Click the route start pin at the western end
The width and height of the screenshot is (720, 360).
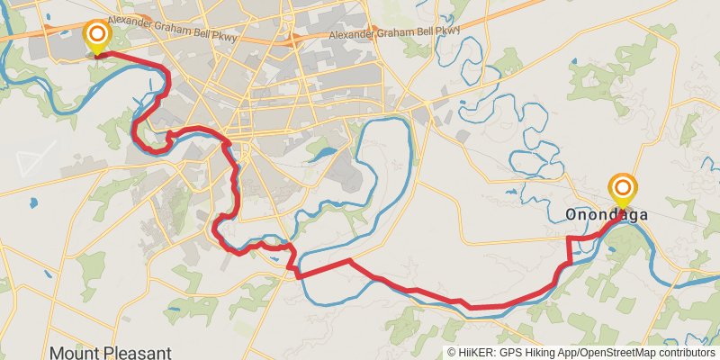(x=95, y=37)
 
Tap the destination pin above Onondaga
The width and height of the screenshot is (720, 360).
(x=622, y=189)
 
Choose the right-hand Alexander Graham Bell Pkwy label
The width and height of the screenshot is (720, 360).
(x=394, y=33)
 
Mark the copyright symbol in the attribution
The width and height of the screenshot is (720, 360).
(x=453, y=353)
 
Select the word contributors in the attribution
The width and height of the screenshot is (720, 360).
(x=686, y=353)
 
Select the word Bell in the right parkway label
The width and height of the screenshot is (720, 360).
(x=427, y=33)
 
